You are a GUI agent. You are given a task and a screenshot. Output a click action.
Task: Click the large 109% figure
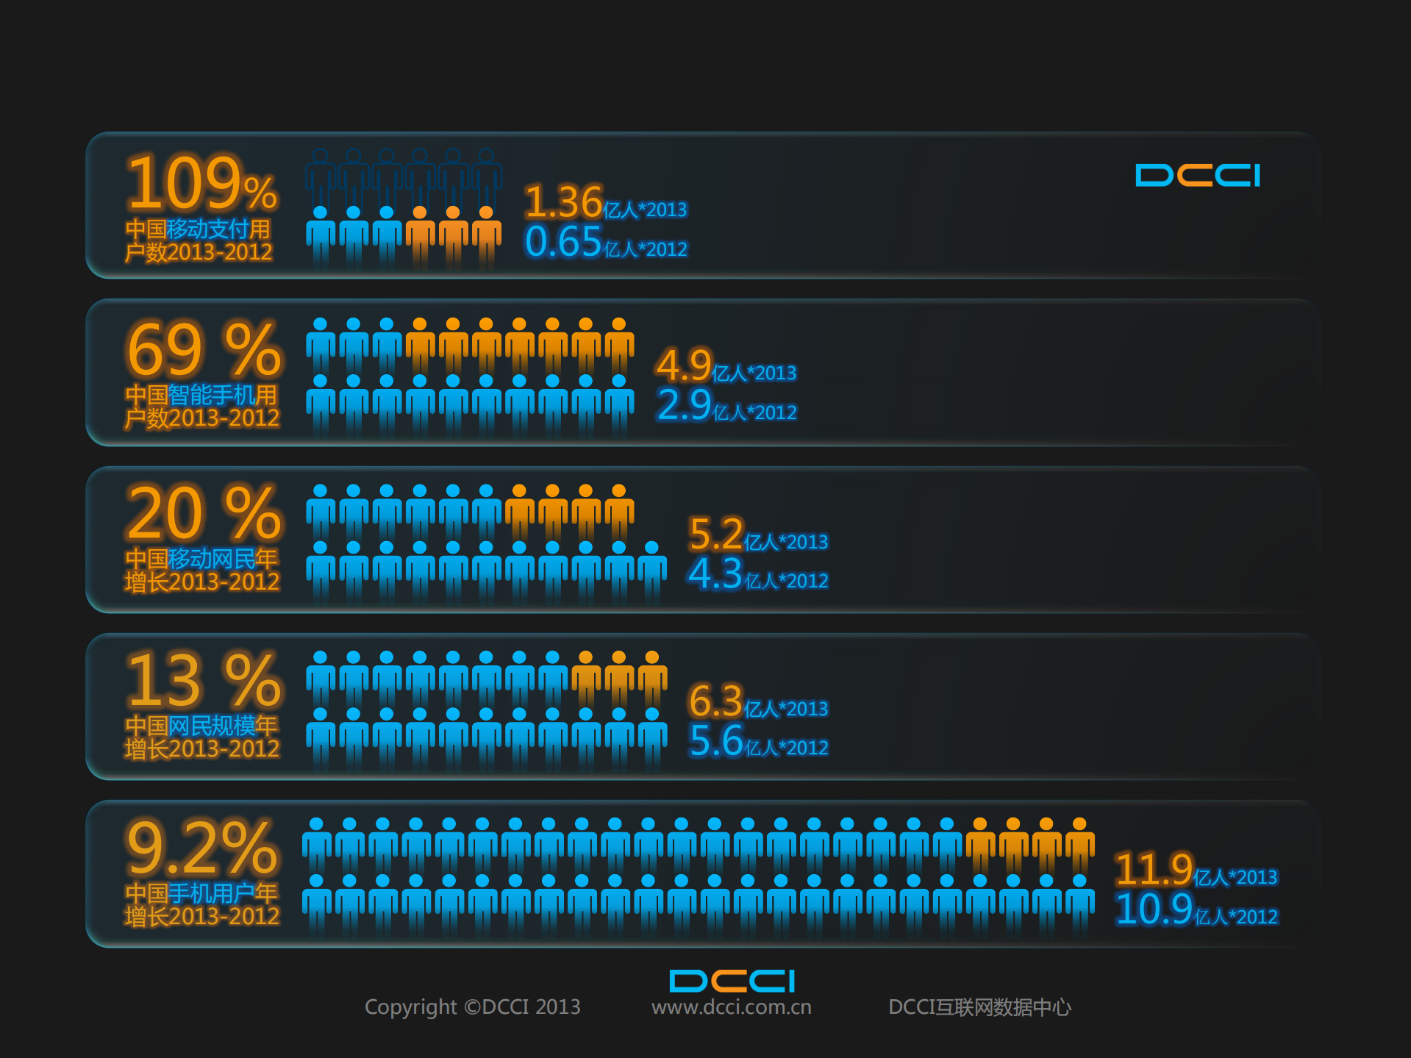[x=201, y=183]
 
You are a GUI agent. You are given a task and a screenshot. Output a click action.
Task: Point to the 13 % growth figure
[x=204, y=680]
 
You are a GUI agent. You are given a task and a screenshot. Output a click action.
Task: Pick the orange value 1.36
[x=563, y=202]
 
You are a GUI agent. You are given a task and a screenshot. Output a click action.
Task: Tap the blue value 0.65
[x=563, y=242]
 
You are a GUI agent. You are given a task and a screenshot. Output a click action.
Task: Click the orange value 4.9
[x=684, y=365]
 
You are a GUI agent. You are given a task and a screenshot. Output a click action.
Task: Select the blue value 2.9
[x=684, y=405]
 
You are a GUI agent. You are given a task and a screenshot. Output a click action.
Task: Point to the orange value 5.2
[x=715, y=535]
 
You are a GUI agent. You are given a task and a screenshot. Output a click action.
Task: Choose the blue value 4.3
[x=715, y=574]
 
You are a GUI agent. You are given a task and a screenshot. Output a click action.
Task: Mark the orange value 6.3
[x=715, y=701]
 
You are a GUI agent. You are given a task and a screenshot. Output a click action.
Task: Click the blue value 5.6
[x=715, y=741]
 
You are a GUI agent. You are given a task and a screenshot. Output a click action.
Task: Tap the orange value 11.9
[x=1153, y=870]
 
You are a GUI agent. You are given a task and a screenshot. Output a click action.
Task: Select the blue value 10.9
[x=1153, y=909]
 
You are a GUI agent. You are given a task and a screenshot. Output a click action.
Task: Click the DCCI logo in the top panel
[x=1198, y=176]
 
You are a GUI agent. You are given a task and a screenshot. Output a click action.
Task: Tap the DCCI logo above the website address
[x=732, y=981]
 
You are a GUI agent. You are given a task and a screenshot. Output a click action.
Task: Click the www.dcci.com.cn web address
[x=732, y=1007]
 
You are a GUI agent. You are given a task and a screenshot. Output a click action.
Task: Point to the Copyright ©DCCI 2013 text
[x=473, y=1007]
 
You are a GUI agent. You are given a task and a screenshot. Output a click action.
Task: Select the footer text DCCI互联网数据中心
[x=979, y=1007]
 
